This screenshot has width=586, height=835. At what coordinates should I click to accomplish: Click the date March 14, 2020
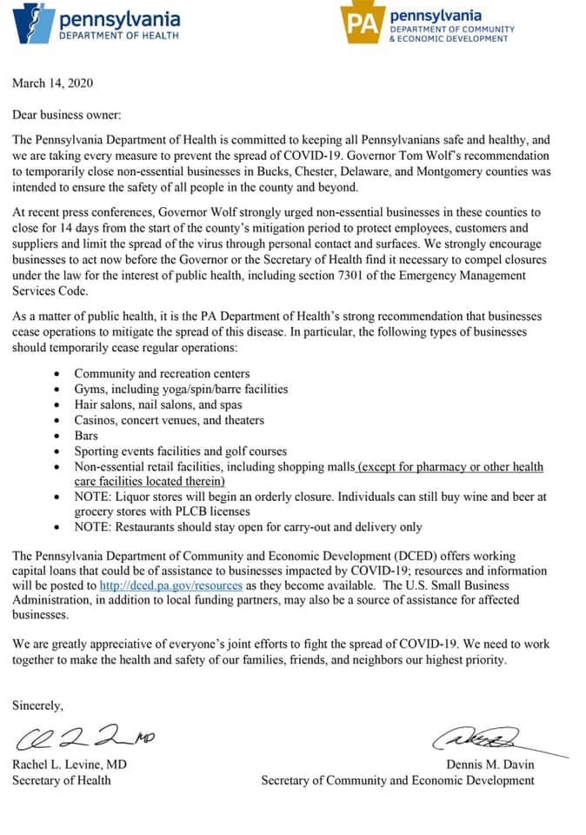tap(52, 83)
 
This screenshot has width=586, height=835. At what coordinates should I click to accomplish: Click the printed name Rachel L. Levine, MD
tap(69, 765)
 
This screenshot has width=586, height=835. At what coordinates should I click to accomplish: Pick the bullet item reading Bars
tap(86, 436)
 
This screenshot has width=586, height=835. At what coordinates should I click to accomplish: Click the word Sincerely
tap(37, 706)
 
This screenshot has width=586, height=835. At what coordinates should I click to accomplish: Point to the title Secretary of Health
tap(61, 780)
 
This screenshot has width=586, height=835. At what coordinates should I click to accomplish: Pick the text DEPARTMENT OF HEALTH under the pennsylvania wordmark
tap(118, 36)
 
